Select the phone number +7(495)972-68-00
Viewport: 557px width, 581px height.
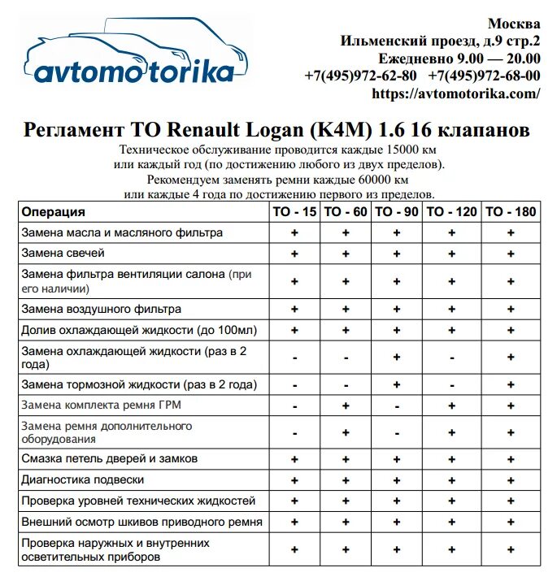484,76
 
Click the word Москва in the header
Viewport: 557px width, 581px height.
514,24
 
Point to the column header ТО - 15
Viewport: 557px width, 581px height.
294,212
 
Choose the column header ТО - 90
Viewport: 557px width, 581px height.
396,212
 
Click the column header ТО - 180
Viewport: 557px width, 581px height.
511,212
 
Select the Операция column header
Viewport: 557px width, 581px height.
53,212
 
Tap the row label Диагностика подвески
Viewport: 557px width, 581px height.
83,479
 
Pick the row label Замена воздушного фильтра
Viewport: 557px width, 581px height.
101,310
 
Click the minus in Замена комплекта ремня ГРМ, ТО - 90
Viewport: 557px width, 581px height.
396,405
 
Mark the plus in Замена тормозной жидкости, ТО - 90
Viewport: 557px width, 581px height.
396,384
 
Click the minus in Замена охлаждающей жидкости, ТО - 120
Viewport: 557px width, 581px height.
450,358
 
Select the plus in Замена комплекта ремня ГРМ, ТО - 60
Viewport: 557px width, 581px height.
346,405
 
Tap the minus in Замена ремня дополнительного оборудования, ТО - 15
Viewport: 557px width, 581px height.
294,432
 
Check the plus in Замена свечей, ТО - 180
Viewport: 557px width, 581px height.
511,254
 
